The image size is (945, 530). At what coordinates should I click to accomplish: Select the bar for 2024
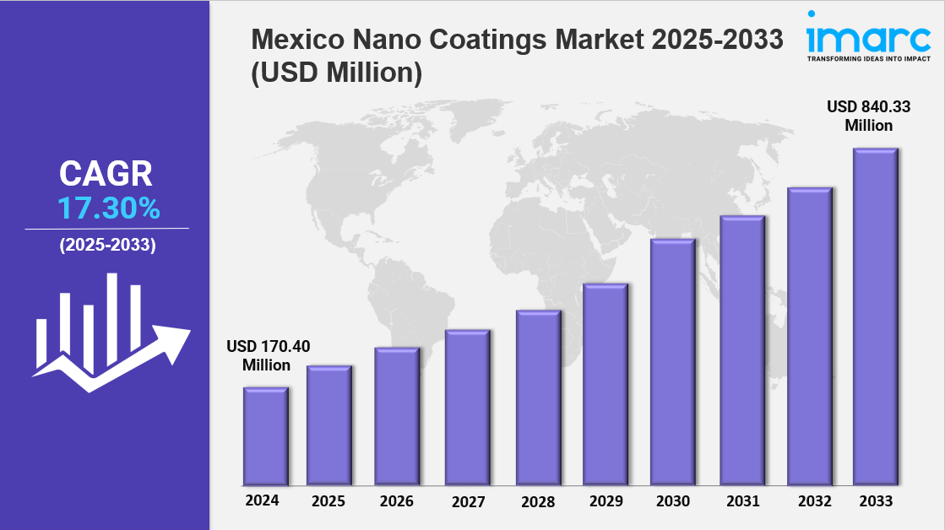point(265,436)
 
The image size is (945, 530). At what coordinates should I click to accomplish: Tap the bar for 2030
point(672,362)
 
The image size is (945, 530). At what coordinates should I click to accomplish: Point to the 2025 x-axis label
point(329,501)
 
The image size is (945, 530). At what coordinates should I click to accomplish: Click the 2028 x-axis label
point(537,501)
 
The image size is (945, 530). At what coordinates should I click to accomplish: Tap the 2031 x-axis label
point(741,501)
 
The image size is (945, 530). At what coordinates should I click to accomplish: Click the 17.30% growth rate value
point(108,208)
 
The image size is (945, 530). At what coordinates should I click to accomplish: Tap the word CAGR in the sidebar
point(106,174)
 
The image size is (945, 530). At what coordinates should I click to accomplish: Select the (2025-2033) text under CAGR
point(107,246)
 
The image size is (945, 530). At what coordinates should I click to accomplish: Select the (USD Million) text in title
point(336,73)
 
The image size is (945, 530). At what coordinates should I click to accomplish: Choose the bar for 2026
point(397,417)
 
